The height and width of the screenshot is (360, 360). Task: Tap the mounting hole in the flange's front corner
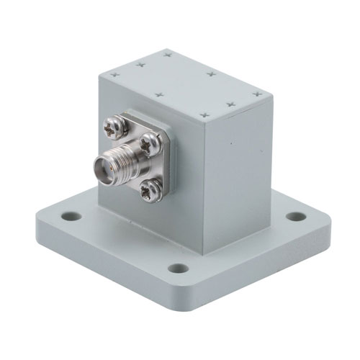pyautogui.click(x=178, y=269)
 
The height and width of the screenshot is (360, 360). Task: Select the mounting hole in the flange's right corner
pyautogui.click(x=295, y=216)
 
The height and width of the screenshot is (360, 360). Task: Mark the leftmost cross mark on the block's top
pyautogui.click(x=117, y=73)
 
